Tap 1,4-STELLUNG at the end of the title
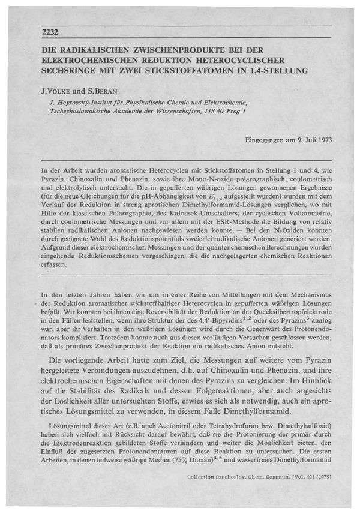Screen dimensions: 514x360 click(x=280, y=70)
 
